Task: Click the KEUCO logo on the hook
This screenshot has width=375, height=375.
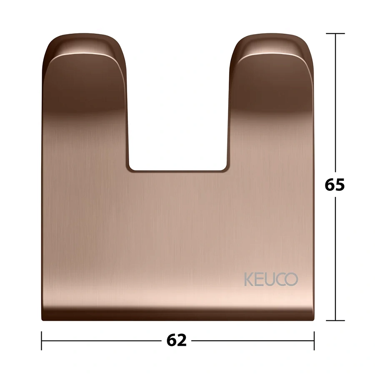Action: pos(271,279)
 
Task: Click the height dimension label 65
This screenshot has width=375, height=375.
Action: pos(335,184)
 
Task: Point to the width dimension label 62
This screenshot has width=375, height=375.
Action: pos(177,340)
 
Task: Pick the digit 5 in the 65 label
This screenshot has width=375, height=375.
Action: pos(340,184)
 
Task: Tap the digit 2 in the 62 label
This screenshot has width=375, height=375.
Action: pos(182,340)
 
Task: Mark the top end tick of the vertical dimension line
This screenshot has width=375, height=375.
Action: pos(335,33)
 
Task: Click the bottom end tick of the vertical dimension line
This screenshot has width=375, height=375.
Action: pos(335,320)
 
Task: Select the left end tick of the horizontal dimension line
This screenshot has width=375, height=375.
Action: pos(42,340)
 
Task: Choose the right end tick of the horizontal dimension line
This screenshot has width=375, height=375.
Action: pos(314,340)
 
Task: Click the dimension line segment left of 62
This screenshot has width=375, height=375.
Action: pos(100,340)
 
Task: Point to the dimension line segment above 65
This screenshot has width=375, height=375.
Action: pos(335,104)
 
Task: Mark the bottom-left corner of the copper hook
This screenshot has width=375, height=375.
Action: pos(43,319)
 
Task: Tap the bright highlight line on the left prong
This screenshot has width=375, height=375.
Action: pos(83,55)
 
